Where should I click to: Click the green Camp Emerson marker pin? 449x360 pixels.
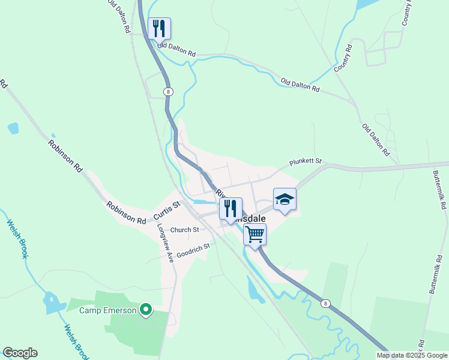click(x=145, y=310)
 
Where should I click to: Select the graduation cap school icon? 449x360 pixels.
click(x=285, y=200)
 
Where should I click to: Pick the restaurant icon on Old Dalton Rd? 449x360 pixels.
click(x=159, y=28)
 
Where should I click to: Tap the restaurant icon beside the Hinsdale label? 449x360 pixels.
click(x=231, y=209)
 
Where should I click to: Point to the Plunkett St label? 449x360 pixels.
click(x=306, y=162)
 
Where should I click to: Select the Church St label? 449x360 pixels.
click(x=184, y=230)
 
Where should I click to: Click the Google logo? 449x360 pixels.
click(x=20, y=353)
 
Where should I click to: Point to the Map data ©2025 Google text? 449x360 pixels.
click(x=412, y=355)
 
